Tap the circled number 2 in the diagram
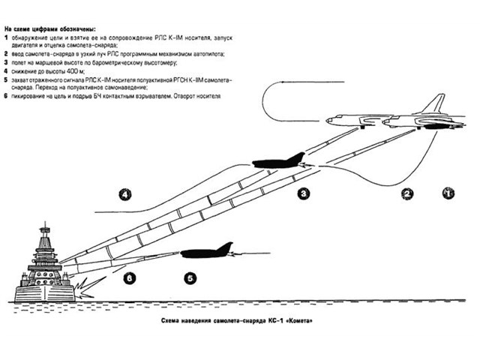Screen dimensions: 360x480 (x=408, y=193)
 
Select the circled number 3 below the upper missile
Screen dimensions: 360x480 (x=304, y=193)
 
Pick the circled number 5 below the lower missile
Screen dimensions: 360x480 (x=190, y=277)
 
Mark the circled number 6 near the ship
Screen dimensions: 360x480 (x=130, y=277)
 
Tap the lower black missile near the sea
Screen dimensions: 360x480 (x=206, y=252)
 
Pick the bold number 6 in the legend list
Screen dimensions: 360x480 (x=5, y=97)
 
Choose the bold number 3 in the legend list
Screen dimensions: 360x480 (x=5, y=63)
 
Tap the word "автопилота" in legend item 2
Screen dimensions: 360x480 (x=199, y=55)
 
